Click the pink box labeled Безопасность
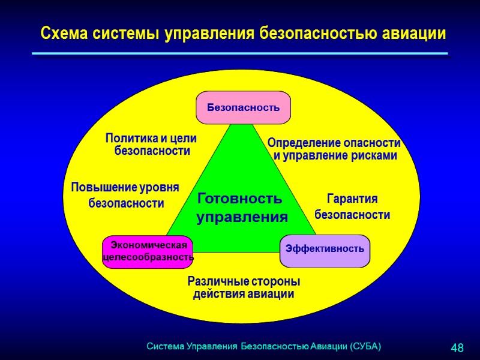pyautogui.click(x=243, y=108)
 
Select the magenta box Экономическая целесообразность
pyautogui.click(x=148, y=251)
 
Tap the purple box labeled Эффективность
pyautogui.click(x=325, y=248)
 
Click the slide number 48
pyautogui.click(x=457, y=348)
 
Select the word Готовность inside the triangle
pyautogui.click(x=239, y=198)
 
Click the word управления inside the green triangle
pyautogui.click(x=242, y=217)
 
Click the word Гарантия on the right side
pyautogui.click(x=352, y=199)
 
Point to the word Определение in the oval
pyautogui.click(x=302, y=143)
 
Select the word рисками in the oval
pyautogui.click(x=377, y=156)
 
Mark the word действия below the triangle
pyautogui.click(x=217, y=294)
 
